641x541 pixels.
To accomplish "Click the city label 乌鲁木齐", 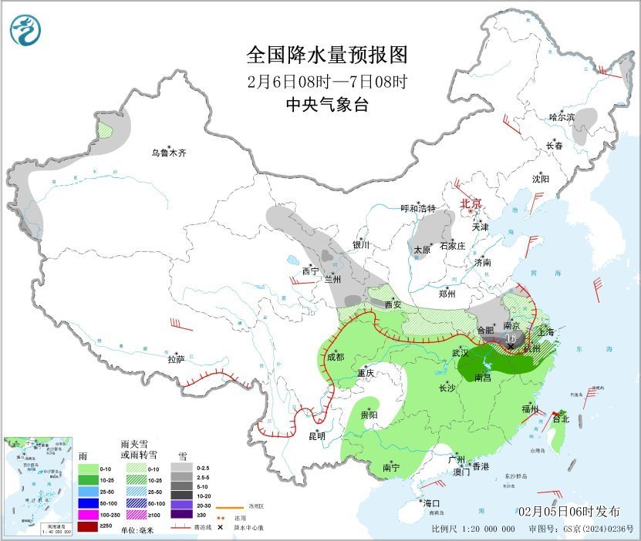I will click(168, 153).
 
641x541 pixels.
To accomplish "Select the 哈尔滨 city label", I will click(562, 117).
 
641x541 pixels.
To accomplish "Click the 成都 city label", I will click(335, 357).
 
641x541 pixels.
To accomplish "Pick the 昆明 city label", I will click(317, 435).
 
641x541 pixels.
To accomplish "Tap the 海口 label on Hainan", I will click(431, 502).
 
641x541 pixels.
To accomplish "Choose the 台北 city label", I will click(561, 419).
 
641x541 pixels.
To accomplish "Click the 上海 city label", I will click(546, 331).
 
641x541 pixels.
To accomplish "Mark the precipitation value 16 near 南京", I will click(510, 338).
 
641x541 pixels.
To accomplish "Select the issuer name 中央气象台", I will click(326, 106).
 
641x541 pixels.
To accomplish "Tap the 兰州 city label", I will click(332, 280).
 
